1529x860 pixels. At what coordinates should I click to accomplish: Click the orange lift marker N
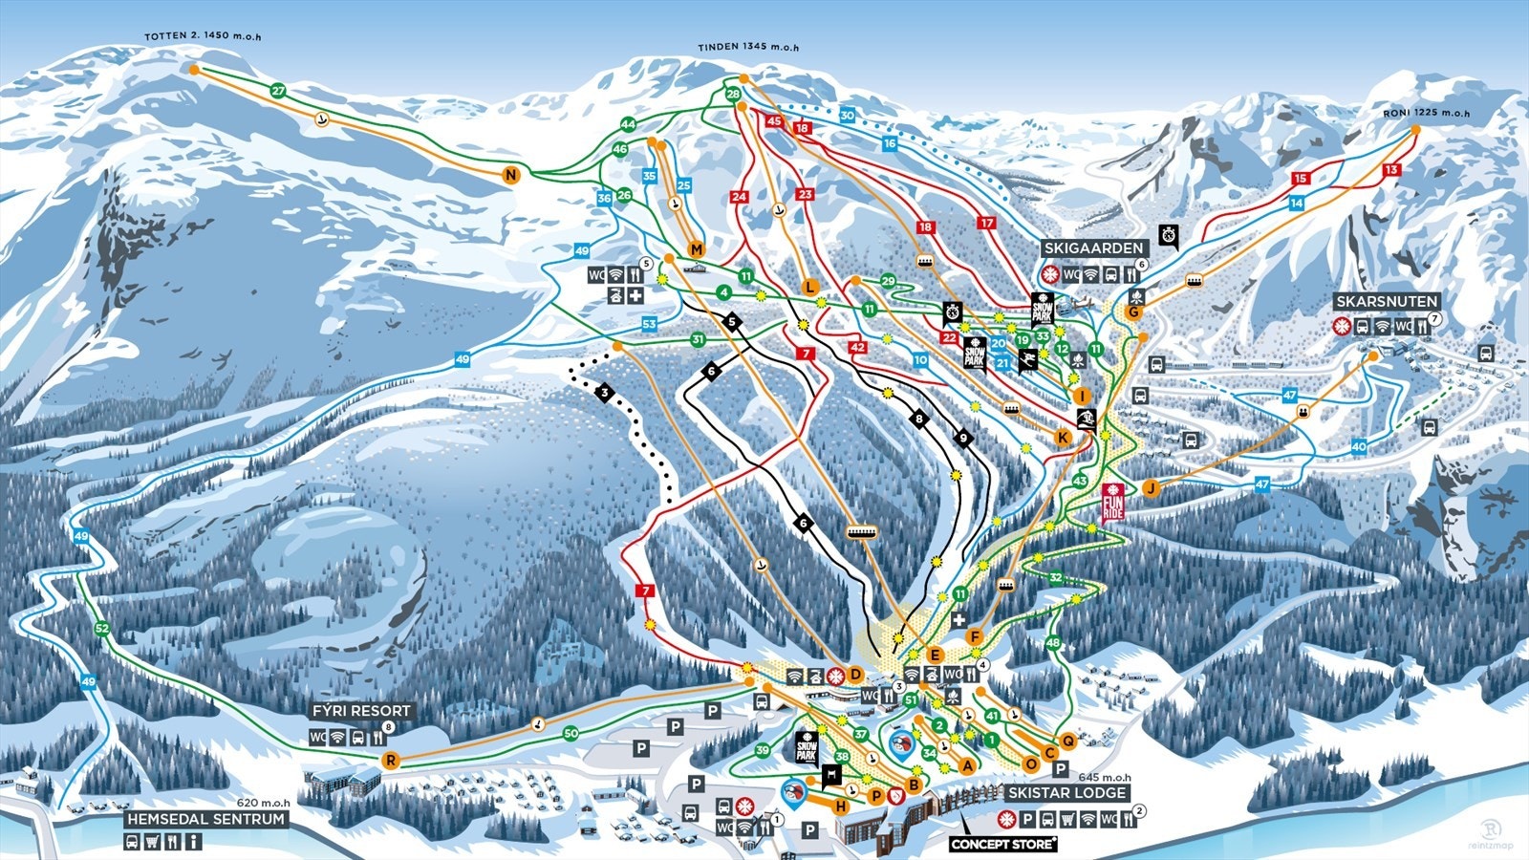coord(511,175)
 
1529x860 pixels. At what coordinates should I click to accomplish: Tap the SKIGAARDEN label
coord(1093,248)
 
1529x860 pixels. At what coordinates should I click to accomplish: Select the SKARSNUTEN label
coord(1387,302)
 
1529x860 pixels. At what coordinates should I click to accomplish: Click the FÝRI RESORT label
coord(361,711)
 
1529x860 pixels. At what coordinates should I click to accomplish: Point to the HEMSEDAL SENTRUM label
coord(206,819)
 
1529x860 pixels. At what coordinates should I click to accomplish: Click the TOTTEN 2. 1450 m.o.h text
coord(203,36)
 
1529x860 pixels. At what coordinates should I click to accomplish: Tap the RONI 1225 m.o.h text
coord(1426,113)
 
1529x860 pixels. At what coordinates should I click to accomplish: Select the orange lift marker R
coord(391,761)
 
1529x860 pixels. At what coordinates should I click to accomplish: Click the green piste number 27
coord(278,91)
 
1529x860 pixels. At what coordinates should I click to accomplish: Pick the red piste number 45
coord(774,121)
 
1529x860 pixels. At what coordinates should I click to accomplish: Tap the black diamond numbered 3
coord(604,392)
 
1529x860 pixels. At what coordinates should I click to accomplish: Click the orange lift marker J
coord(1152,488)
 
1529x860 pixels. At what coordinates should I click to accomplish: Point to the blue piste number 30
coord(847,116)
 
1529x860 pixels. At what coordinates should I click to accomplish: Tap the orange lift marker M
coord(696,249)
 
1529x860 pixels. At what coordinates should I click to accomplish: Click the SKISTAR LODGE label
coord(1066,793)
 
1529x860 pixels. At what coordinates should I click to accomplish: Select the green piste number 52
coord(103,629)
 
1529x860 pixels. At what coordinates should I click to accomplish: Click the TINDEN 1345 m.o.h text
coord(748,47)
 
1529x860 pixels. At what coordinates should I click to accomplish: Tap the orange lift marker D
coord(856,676)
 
